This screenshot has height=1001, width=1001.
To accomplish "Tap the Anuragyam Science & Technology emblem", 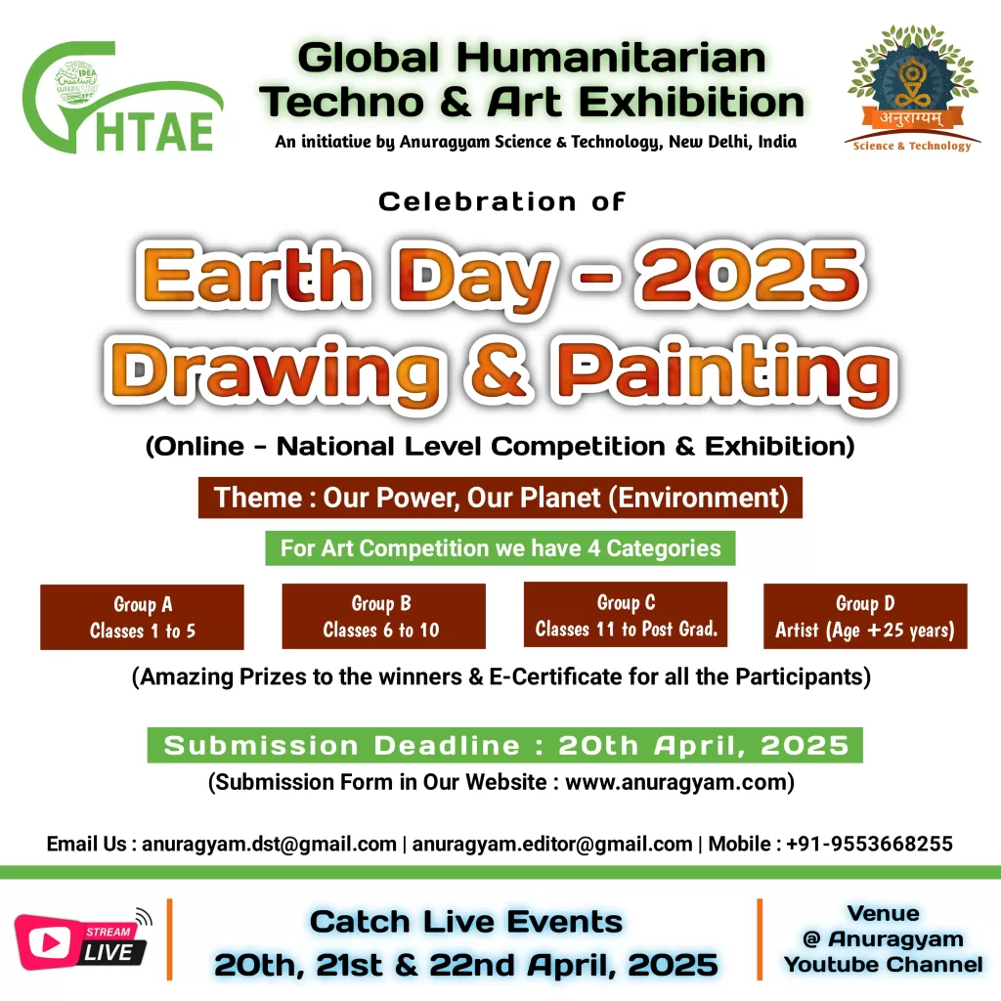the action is click(x=912, y=88).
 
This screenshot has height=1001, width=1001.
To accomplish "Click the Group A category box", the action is click(x=142, y=617).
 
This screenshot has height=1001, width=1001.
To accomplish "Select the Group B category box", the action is click(x=383, y=616).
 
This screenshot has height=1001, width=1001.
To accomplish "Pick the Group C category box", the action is click(x=626, y=614).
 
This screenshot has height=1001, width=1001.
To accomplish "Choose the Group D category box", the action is click(x=866, y=616).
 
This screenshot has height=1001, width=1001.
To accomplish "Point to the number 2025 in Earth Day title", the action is click(x=751, y=275).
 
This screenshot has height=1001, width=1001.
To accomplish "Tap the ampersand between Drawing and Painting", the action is click(x=498, y=372).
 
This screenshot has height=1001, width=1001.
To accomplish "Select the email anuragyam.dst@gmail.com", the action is click(x=269, y=844).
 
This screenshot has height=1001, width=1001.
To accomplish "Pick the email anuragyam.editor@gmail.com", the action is click(x=552, y=844).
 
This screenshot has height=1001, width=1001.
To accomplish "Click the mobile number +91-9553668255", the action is click(x=869, y=844).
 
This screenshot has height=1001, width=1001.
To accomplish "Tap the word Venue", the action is click(x=884, y=914).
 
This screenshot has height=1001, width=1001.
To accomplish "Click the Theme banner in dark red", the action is click(x=500, y=498).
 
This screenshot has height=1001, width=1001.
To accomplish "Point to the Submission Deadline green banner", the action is click(x=505, y=745).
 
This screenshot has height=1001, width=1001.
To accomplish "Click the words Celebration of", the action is click(x=501, y=201).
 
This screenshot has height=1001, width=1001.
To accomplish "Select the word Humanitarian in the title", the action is click(x=611, y=58).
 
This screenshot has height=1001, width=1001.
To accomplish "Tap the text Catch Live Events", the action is click(x=466, y=922).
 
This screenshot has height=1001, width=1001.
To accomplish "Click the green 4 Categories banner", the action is click(x=500, y=548).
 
